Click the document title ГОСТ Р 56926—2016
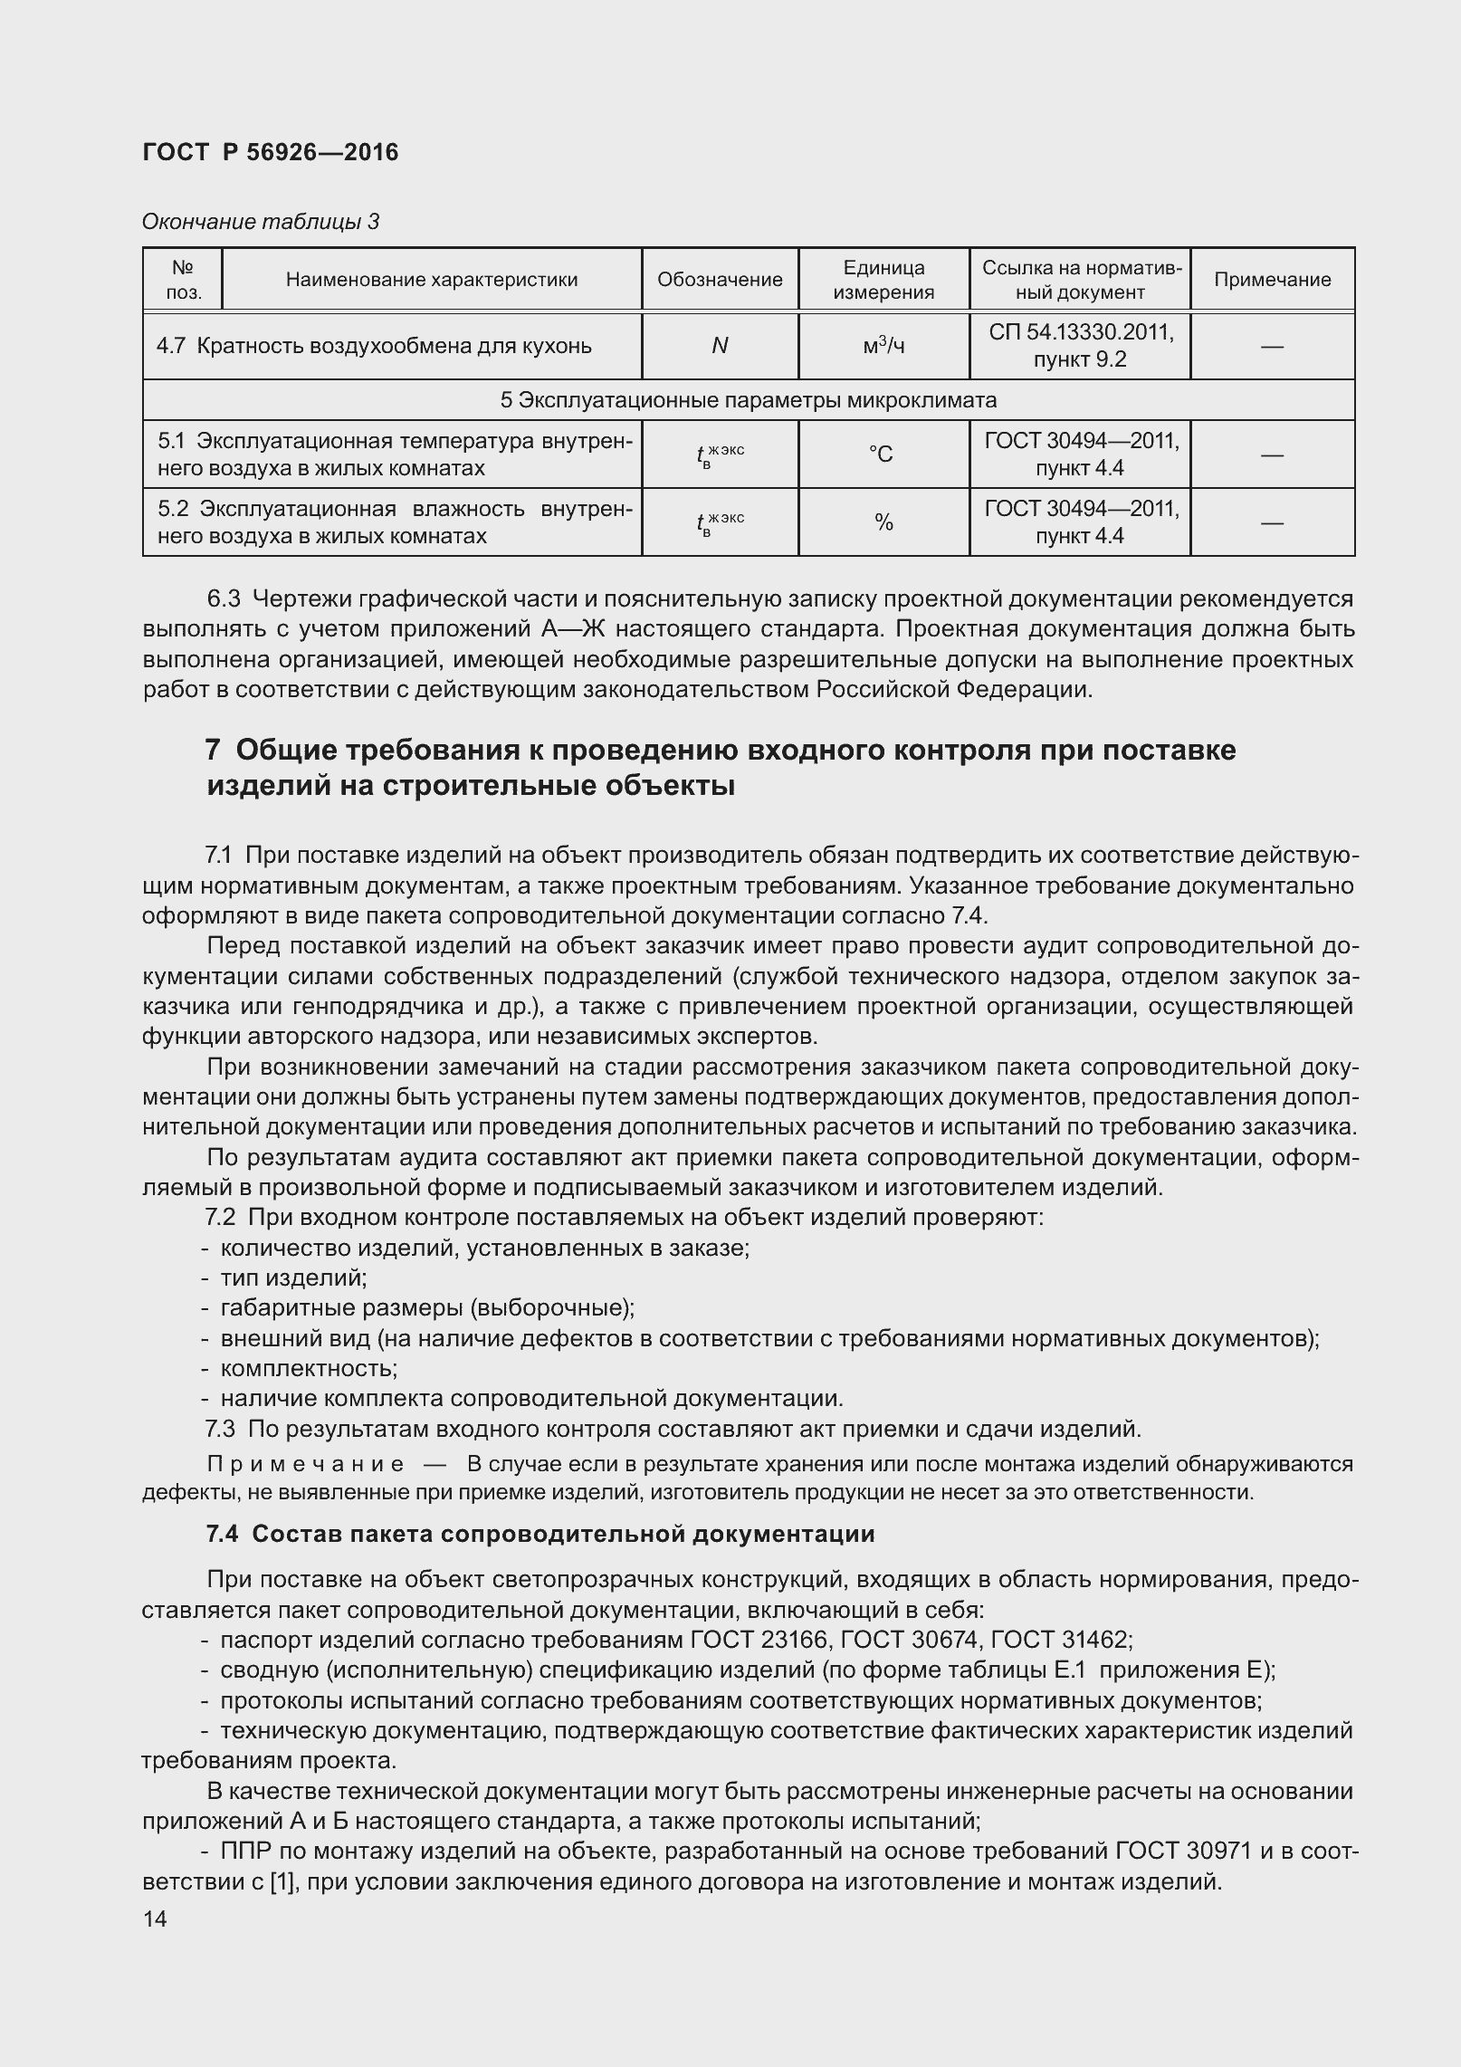270,152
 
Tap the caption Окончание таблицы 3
261,222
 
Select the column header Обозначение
720,280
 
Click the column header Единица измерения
883,280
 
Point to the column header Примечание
1272,280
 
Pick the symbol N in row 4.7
720,346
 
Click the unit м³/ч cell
883,346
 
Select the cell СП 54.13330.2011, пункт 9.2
1080,346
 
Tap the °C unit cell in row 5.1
883,455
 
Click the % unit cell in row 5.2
883,522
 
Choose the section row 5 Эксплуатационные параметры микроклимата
748,400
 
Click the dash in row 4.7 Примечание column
1272,346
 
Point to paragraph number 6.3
224,599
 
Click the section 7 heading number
214,751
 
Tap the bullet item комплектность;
309,1368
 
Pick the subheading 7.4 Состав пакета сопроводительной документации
540,1534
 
